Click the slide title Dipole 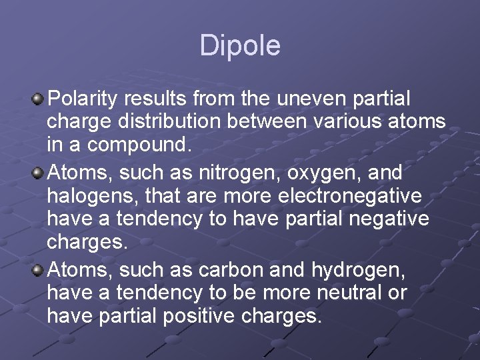point(240,46)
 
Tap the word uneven point(309,99)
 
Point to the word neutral point(340,293)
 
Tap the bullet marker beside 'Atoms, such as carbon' point(38,271)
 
